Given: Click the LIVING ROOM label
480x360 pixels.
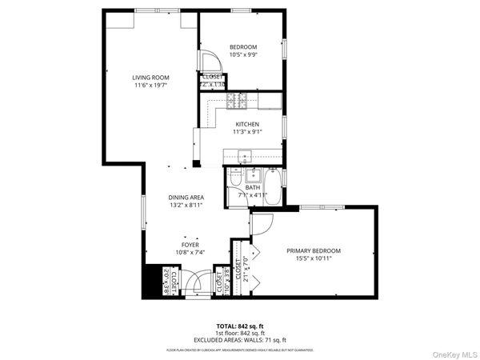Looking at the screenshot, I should tap(150, 78).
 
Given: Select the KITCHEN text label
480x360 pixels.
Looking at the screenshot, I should tap(246, 124).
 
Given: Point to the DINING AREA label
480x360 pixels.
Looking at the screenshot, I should tap(185, 197).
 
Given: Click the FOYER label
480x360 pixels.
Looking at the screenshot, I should tap(190, 244).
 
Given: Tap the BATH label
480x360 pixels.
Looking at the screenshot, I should tap(253, 187).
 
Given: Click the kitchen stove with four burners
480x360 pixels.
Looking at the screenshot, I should tap(237, 101).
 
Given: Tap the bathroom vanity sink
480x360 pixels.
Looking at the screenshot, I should tap(235, 177).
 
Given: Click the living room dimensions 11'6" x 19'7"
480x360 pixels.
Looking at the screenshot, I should tap(150, 86).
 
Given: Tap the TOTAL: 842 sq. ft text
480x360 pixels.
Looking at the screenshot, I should tap(240, 326).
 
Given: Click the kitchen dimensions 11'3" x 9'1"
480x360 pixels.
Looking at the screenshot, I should tap(246, 132).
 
